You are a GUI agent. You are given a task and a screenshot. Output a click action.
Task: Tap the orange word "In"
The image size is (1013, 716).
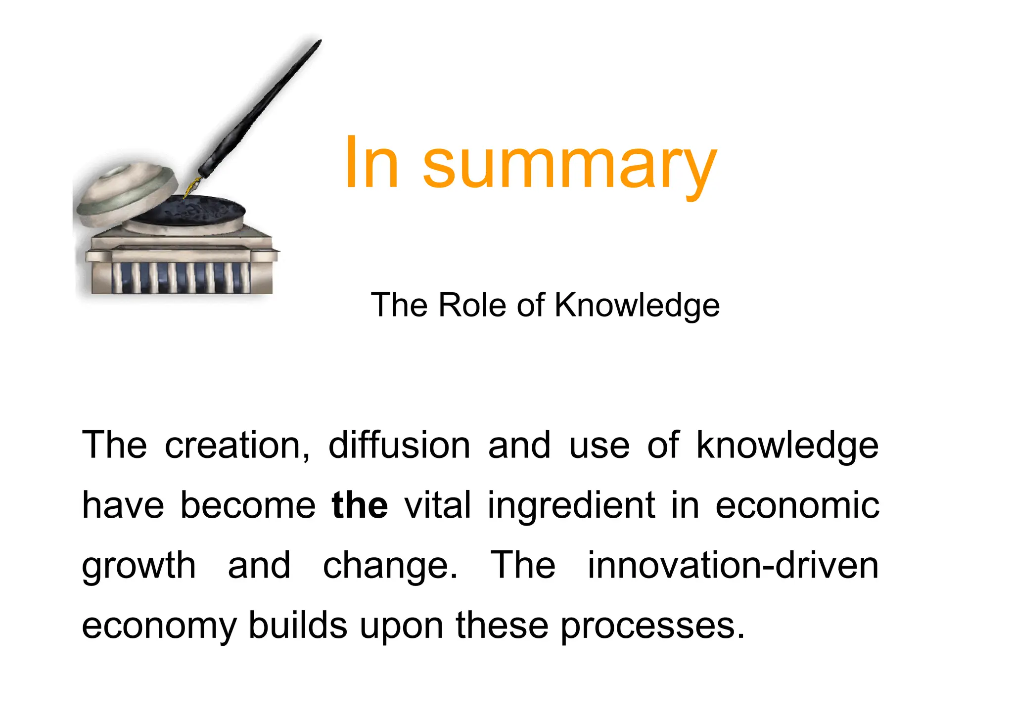pos(371,163)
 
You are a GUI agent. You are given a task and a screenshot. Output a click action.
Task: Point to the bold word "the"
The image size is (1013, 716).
pos(360,505)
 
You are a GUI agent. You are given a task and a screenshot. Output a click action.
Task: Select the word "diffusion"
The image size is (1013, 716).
pos(399,445)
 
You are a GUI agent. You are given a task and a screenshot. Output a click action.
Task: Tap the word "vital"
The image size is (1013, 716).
pos(438,505)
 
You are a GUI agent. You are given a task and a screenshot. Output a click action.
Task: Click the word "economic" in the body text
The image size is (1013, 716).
pos(797,505)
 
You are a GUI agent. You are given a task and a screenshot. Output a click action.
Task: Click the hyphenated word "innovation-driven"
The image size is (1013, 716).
pos(733,565)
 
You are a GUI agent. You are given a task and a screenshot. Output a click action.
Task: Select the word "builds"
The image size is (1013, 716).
pos(298,625)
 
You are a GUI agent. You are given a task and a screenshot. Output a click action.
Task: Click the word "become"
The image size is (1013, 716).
pos(248,505)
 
